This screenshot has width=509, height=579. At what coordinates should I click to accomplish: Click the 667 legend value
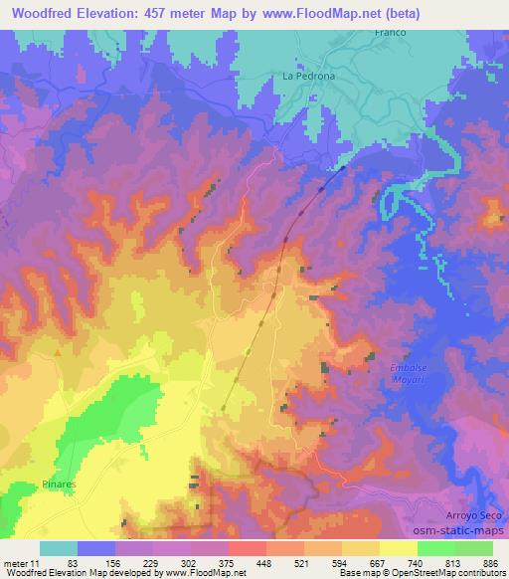[371, 562]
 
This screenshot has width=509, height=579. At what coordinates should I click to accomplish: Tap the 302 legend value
[187, 562]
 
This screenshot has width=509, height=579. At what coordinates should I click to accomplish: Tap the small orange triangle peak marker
[59, 351]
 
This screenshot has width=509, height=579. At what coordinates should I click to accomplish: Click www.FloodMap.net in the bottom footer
[189, 573]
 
